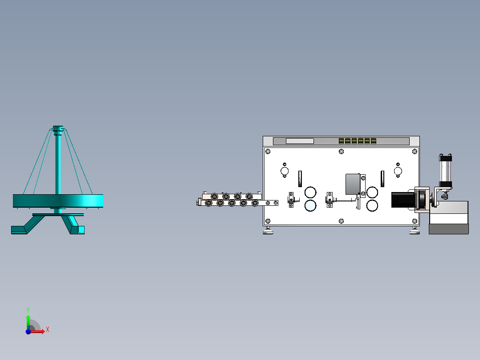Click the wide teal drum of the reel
point(58,200)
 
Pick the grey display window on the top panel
point(300,141)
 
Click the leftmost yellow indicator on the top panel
point(341,141)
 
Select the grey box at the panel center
point(354,184)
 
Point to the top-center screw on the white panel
point(341,151)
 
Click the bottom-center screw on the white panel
point(341,221)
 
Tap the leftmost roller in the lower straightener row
point(208,203)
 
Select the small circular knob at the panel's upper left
point(285,171)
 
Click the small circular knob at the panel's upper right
point(398,171)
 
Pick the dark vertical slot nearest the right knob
point(382,178)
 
